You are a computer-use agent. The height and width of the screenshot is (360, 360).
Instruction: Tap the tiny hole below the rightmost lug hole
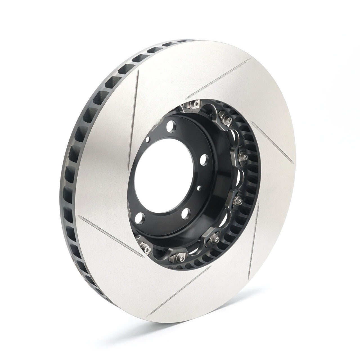tap(199, 187)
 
